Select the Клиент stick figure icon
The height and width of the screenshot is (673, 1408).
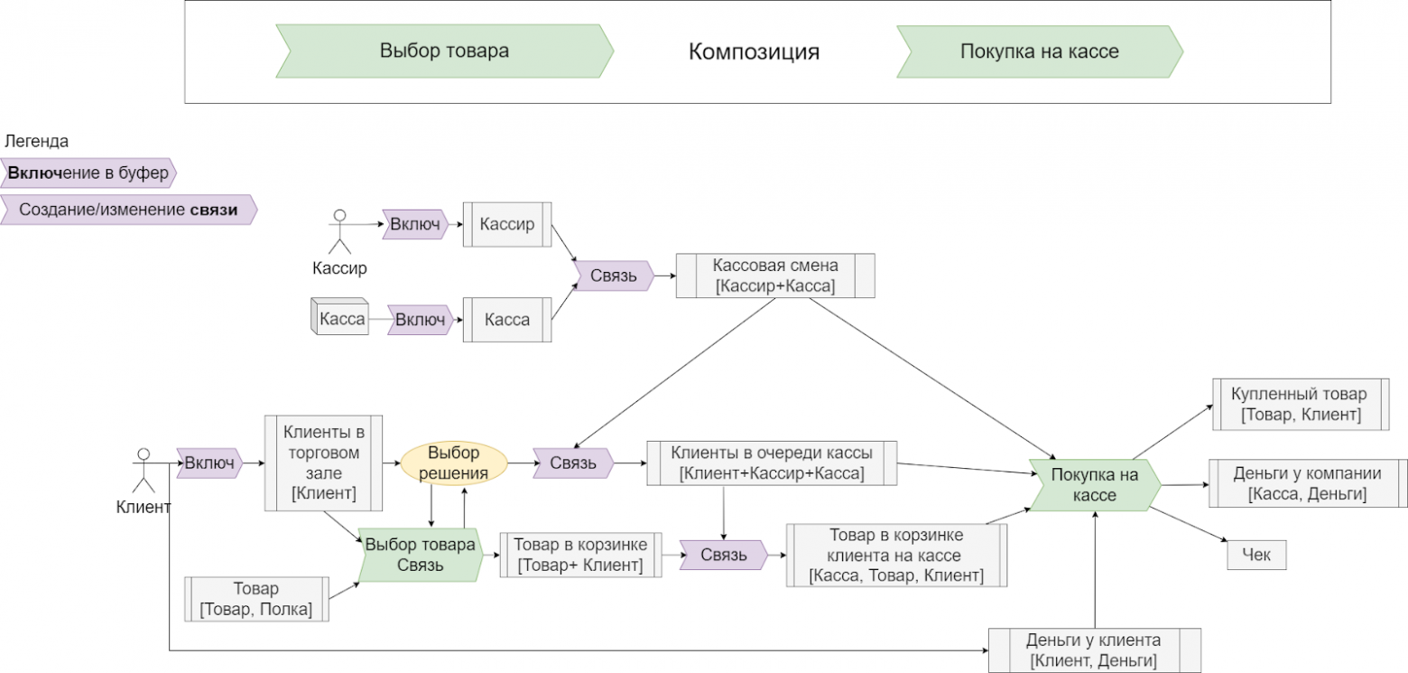(x=142, y=469)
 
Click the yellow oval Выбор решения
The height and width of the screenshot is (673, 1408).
(x=453, y=463)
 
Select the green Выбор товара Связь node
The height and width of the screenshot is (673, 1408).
(x=420, y=555)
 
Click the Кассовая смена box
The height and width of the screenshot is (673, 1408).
(x=775, y=276)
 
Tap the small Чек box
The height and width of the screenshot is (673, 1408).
(x=1256, y=554)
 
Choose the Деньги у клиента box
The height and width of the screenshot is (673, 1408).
(x=1093, y=650)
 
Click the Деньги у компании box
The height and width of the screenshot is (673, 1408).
(x=1307, y=483)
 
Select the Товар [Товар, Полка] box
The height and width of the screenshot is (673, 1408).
(x=255, y=598)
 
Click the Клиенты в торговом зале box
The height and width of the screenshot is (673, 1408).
(x=323, y=463)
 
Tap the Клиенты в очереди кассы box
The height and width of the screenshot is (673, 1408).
(x=772, y=463)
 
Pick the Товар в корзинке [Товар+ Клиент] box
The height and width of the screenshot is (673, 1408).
(x=579, y=555)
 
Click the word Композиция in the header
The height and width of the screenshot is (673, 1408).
(x=754, y=51)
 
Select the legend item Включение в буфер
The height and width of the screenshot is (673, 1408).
(x=88, y=173)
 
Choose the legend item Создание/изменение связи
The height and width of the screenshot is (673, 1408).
(x=128, y=210)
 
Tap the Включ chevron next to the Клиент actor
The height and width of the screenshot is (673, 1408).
(x=209, y=463)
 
